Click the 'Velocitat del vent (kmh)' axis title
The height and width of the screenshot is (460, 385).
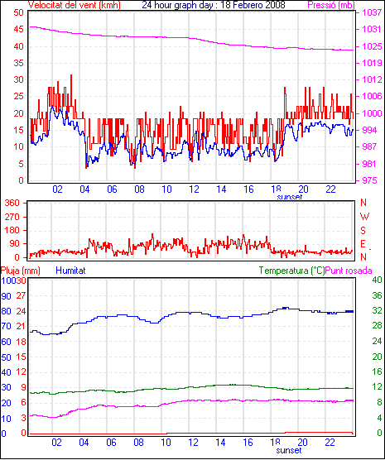(x=75, y=5)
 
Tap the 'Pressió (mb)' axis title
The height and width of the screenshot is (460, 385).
(x=331, y=5)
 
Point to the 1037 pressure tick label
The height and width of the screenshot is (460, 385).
(x=372, y=12)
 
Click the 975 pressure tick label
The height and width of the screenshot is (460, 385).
(x=369, y=180)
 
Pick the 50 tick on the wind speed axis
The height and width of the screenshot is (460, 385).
(x=18, y=12)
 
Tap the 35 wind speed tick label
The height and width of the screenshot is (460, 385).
(x=18, y=63)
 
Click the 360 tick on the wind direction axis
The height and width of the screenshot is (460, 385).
(x=12, y=203)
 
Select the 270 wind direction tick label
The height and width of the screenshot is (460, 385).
(x=12, y=217)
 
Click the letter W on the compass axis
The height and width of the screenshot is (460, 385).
(x=364, y=217)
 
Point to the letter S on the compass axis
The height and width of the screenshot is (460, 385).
(x=363, y=231)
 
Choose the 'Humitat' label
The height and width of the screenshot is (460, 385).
(x=70, y=271)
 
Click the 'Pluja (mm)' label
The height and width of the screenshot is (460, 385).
(x=20, y=271)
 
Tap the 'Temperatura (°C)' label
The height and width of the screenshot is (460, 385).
(x=292, y=271)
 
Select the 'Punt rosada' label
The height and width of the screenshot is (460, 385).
(x=349, y=271)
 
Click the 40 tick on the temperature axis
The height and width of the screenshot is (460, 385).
(x=377, y=280)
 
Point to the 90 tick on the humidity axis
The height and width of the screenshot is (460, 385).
(x=6, y=296)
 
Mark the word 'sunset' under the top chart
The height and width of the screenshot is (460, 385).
(x=289, y=197)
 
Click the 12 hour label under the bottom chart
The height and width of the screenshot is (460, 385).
(x=194, y=442)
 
